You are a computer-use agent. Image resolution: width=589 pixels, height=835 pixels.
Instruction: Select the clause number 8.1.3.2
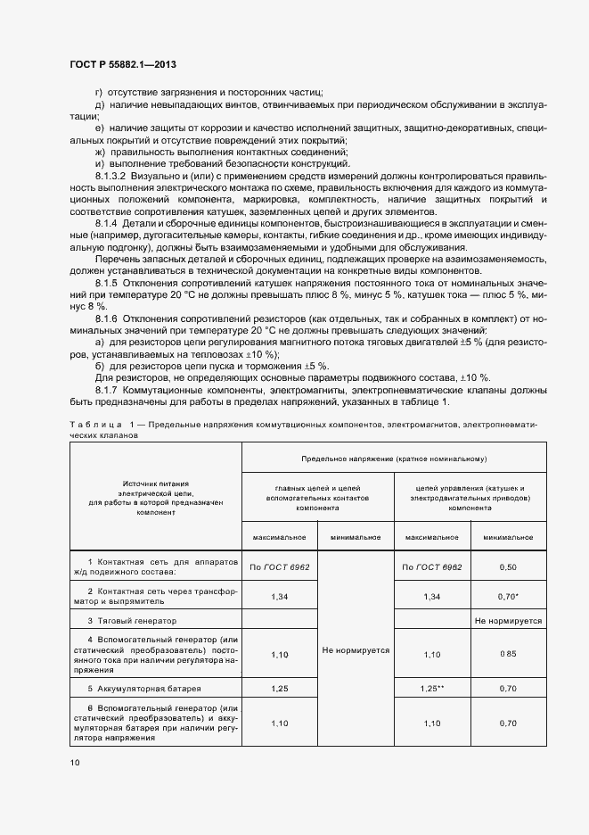pos(113,177)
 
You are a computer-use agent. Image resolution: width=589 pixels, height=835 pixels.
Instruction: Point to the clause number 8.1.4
pos(107,223)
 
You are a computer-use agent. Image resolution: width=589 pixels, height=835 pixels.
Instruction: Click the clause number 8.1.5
pos(107,282)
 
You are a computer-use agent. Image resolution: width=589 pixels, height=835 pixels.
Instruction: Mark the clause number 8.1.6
pos(107,318)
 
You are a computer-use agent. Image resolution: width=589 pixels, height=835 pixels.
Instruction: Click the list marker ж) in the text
pos(99,152)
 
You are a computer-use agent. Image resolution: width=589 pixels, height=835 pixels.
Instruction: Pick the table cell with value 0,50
pos(507,567)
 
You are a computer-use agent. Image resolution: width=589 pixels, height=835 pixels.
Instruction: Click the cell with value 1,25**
pos(431,689)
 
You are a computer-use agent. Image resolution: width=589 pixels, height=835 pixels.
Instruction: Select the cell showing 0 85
pos(507,654)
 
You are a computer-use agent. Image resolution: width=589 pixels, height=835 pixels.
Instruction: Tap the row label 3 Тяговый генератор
pos(132,619)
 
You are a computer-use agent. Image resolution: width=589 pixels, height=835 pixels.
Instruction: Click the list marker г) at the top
pos(98,94)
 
